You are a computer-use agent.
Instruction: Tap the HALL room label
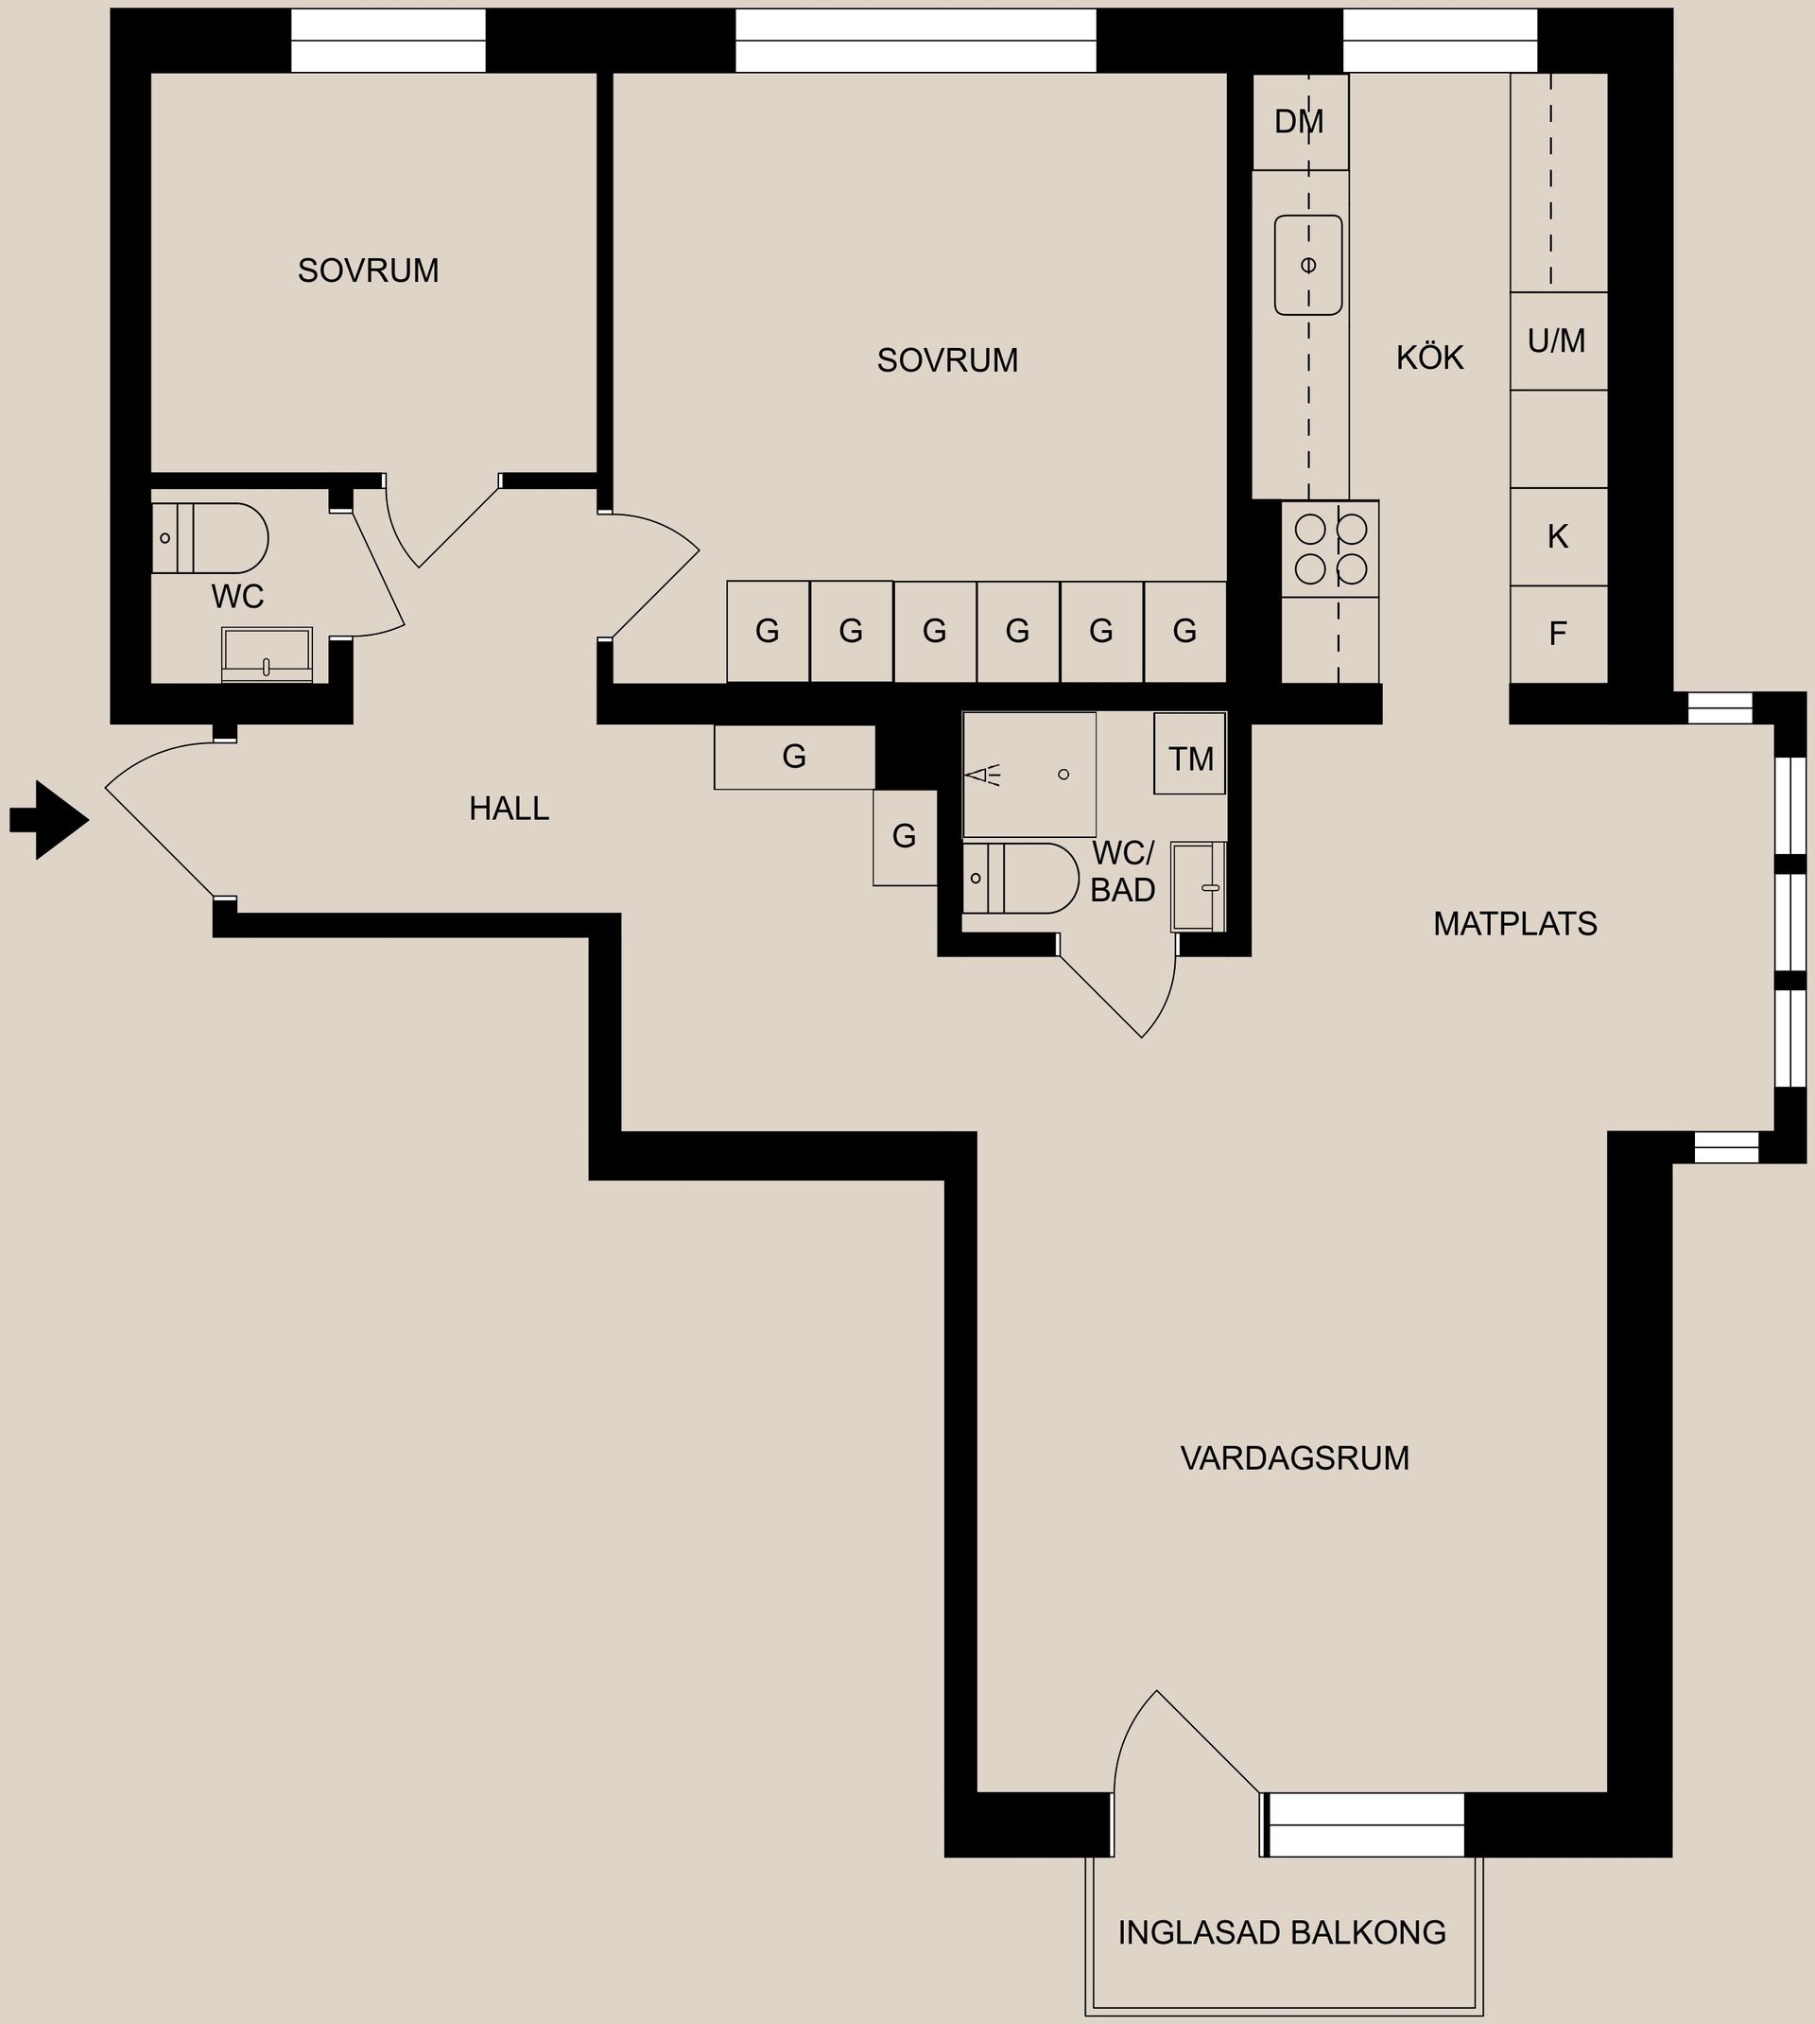pos(509,808)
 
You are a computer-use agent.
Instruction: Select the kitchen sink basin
pos(1307,266)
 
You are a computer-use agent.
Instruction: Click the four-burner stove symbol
pos(1329,549)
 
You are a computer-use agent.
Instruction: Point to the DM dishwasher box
pos(1300,122)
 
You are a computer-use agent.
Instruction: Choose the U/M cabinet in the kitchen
pos(1558,341)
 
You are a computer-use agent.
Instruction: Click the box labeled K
pos(1558,536)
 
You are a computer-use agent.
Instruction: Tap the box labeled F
pos(1558,634)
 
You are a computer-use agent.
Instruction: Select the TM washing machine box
pos(1190,759)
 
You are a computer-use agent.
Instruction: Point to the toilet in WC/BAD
pos(1021,878)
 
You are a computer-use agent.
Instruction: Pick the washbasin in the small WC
pos(267,655)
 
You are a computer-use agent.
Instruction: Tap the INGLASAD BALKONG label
pos(1282,1932)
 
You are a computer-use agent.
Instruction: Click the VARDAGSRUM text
pos(1294,1457)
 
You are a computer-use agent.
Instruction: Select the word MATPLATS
pos(1514,924)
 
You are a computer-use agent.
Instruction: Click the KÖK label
pos(1429,358)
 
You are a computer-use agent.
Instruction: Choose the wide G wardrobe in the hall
pos(794,758)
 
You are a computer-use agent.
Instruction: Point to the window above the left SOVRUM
pos(388,41)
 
